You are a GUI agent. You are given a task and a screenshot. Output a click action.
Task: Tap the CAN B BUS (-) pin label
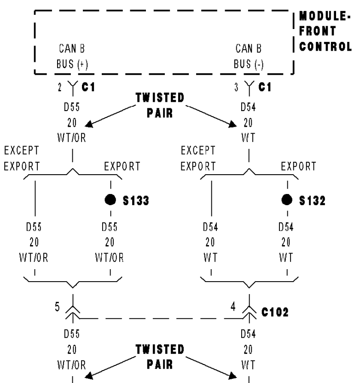click(249, 55)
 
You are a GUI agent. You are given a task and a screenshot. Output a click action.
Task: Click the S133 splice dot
click(110, 201)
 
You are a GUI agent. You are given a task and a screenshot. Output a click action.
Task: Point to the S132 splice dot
click(287, 201)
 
